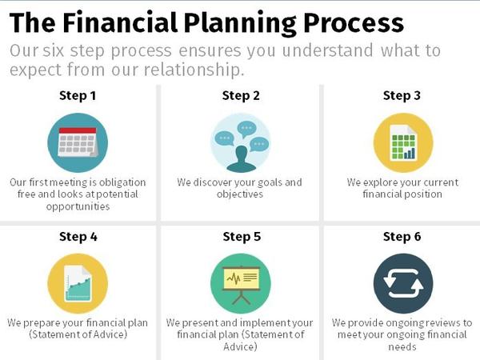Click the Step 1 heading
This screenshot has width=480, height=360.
pos(78,96)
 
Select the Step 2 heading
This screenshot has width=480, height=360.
pos(241,96)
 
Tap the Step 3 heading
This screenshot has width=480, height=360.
pos(402,96)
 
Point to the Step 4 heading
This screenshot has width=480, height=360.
pos(78,237)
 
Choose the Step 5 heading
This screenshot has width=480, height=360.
pos(241,237)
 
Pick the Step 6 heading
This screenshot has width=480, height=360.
pos(402,237)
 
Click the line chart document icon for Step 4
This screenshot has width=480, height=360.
pos(78,284)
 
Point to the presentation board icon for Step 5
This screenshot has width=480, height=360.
pos(241,284)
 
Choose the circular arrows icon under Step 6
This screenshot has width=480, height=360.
pos(402,284)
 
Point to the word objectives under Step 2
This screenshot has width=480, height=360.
pos(240,194)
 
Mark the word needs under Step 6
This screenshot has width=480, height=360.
pos(402,348)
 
